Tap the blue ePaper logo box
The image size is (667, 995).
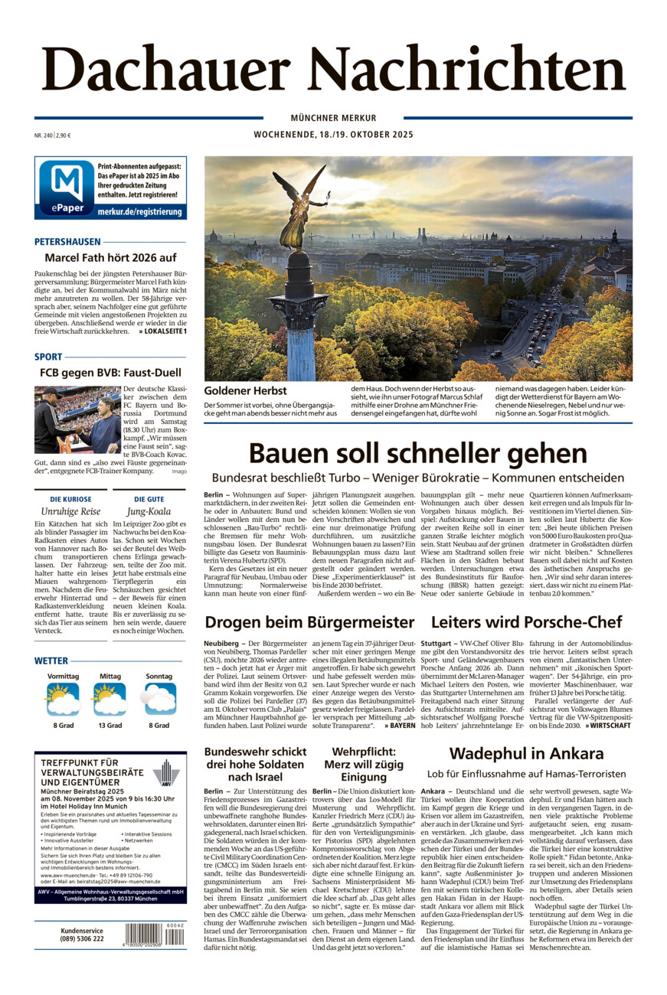(x=66, y=188)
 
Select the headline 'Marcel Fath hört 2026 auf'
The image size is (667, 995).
(x=110, y=258)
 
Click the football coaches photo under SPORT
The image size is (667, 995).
(x=77, y=419)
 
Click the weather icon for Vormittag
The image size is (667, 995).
(x=63, y=699)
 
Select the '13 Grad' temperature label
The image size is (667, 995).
(x=110, y=726)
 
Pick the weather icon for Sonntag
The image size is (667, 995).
(x=159, y=699)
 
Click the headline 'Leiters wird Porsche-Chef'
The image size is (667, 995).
(x=526, y=621)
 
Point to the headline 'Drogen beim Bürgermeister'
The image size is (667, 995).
(x=309, y=621)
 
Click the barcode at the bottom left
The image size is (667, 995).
(x=154, y=935)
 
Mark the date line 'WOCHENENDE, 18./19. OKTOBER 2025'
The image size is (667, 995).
(x=333, y=135)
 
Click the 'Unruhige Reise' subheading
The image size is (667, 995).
(x=70, y=511)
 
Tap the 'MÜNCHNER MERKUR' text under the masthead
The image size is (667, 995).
(x=333, y=118)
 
